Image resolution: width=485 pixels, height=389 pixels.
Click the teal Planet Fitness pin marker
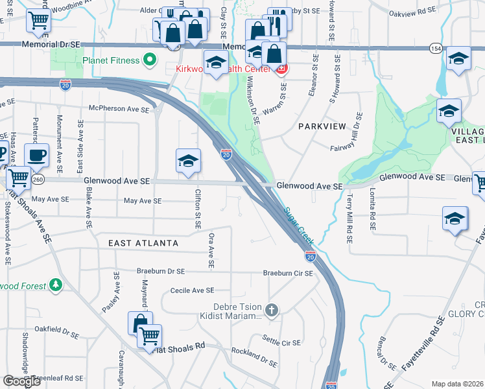pyautogui.click(x=150, y=60)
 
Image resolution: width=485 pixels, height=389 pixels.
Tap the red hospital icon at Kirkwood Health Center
pyautogui.click(x=282, y=69)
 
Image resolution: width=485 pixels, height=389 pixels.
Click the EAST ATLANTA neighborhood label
pyautogui.click(x=143, y=243)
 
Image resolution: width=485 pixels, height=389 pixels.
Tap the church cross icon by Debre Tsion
pyautogui.click(x=272, y=311)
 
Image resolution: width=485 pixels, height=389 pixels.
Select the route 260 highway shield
pyautogui.click(x=39, y=180)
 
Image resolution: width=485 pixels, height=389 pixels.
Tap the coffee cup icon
pyautogui.click(x=36, y=156)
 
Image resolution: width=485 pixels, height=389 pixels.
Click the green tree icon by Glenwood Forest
pyautogui.click(x=56, y=285)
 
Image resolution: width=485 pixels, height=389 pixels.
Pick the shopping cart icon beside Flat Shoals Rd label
pyautogui.click(x=150, y=336)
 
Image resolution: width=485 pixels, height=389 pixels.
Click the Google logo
pyautogui.click(x=21, y=381)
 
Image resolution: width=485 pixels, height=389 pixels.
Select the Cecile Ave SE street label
pyautogui.click(x=192, y=291)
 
